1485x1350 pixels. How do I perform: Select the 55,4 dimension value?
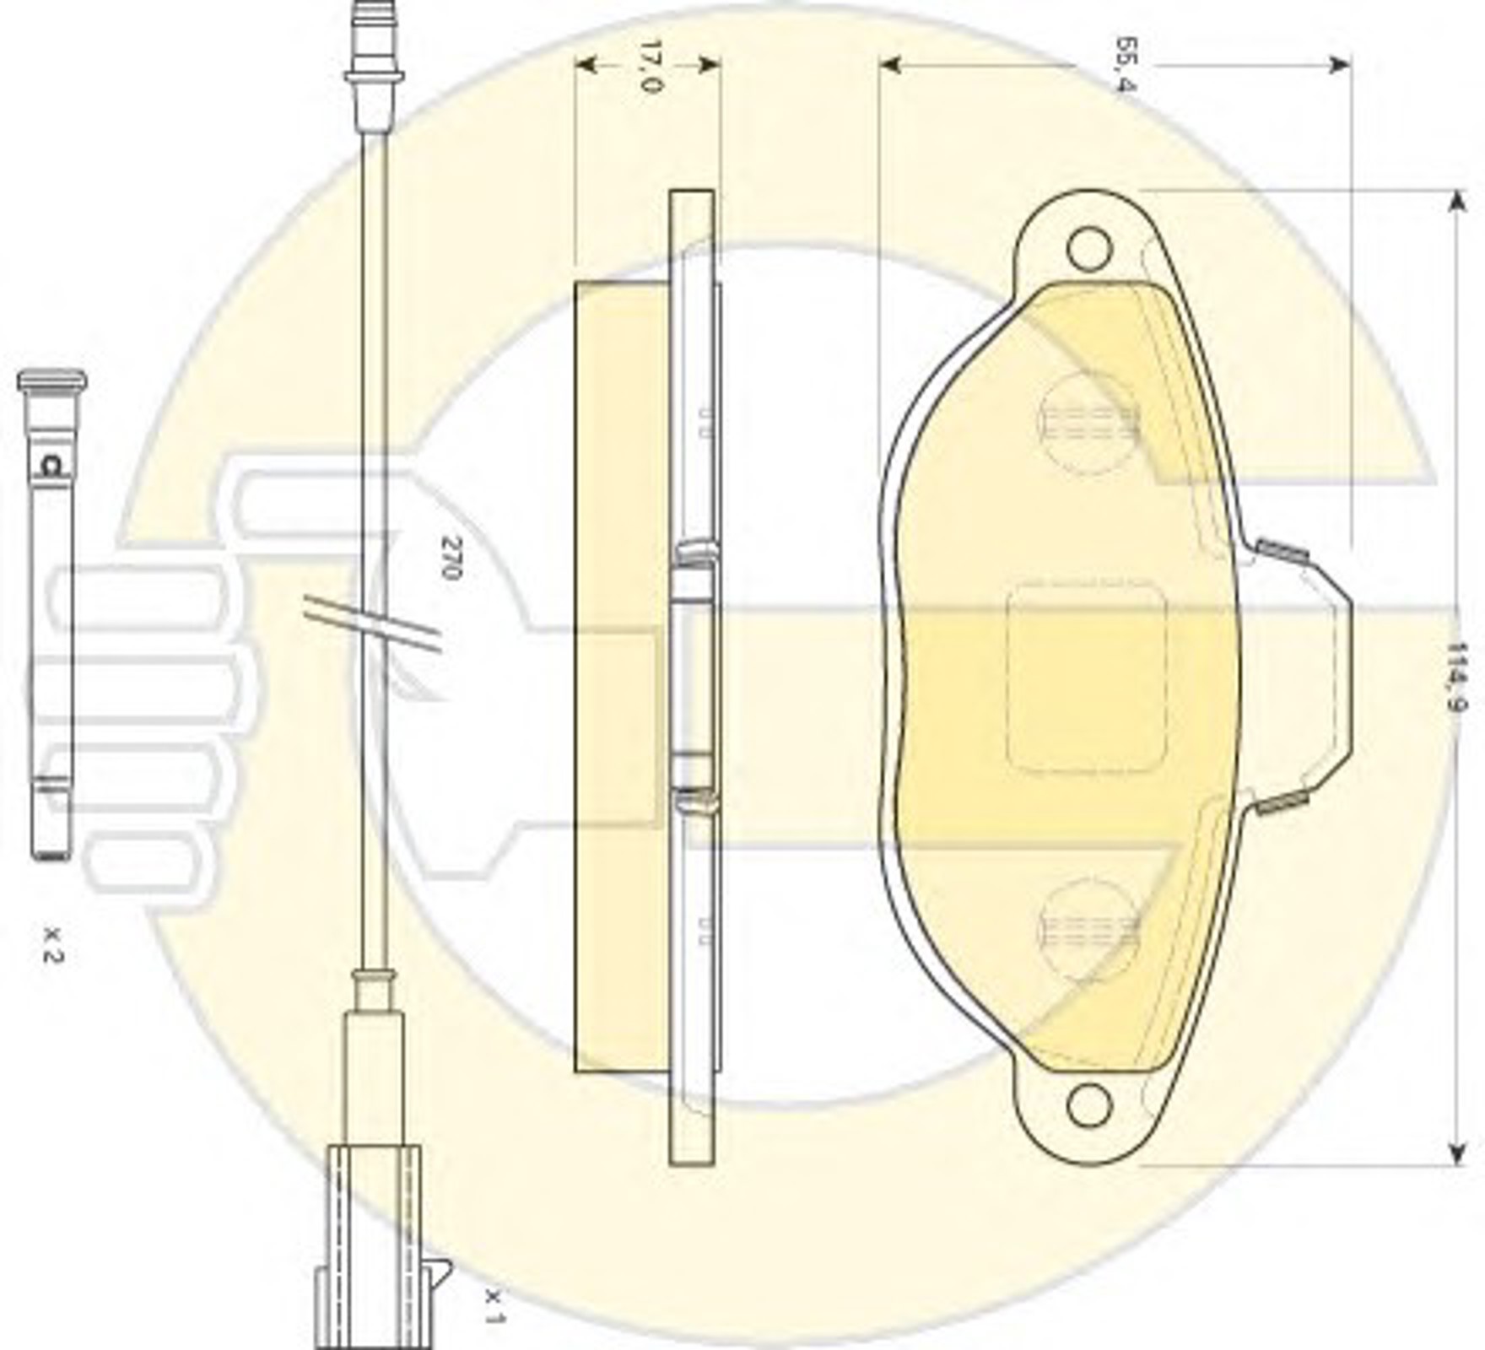click(1125, 64)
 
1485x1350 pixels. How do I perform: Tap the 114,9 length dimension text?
click(1456, 678)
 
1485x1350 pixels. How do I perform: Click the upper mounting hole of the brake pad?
click(1088, 249)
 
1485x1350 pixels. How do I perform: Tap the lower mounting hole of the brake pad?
click(1088, 1106)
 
